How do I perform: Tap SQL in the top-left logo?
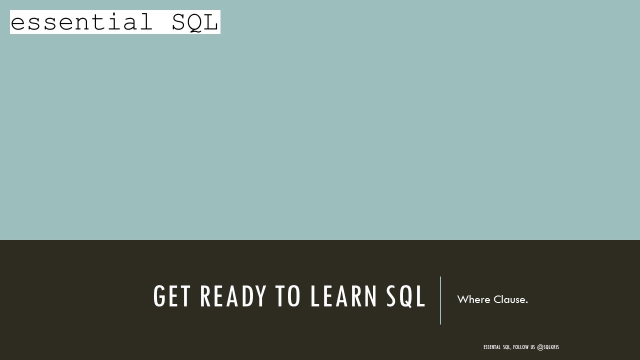point(194,22)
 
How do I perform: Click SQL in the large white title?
point(405,296)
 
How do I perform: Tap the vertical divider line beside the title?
point(440,300)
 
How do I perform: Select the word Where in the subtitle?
point(473,299)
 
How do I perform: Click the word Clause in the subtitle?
point(508,299)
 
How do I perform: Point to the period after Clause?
point(526,302)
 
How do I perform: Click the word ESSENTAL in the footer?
point(491,347)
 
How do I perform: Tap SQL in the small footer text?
point(507,347)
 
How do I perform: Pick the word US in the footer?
point(532,347)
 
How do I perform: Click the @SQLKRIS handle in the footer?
point(548,347)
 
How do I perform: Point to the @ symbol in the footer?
point(539,347)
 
